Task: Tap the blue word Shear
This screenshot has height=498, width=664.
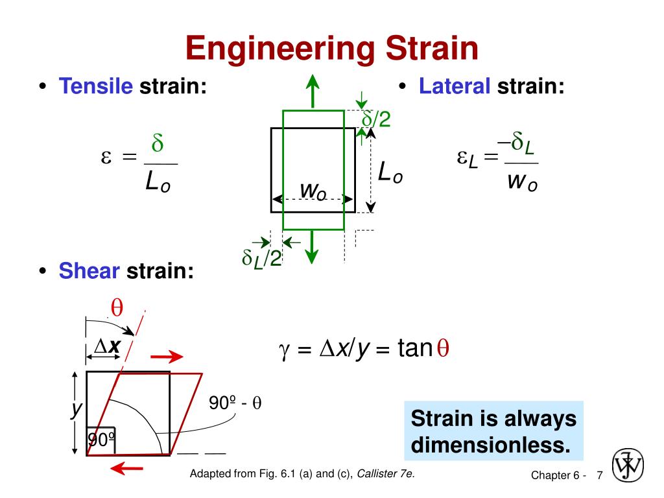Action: tap(89, 270)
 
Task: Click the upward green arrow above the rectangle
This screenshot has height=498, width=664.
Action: tap(313, 91)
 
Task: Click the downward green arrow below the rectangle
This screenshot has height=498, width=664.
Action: tap(313, 247)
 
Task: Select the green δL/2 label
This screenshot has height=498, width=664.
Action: tap(261, 258)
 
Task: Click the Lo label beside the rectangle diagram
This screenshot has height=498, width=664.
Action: tap(390, 173)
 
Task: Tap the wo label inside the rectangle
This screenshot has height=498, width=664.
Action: tap(313, 191)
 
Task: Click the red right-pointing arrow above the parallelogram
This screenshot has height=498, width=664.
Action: tap(167, 356)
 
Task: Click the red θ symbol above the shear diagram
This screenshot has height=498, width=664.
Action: tap(117, 307)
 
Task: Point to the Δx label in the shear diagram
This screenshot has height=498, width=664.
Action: tap(108, 347)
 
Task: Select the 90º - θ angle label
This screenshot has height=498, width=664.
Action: tap(235, 403)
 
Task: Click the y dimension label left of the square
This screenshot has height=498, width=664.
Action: tap(77, 409)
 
